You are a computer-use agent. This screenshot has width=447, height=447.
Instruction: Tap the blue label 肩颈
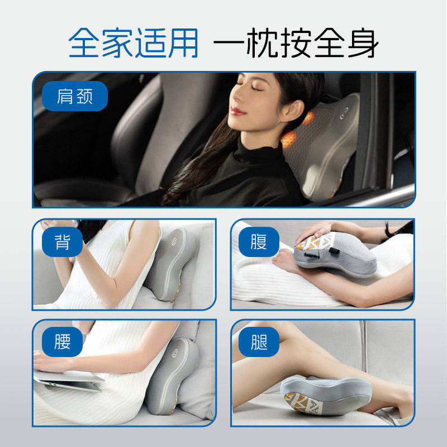point(74,96)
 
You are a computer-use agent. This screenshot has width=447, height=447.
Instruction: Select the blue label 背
point(63,242)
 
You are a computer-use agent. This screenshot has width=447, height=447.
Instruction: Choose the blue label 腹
point(259,242)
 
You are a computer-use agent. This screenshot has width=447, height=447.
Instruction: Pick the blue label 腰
point(63,341)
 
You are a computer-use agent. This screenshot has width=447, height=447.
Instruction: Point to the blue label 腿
point(259,341)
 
